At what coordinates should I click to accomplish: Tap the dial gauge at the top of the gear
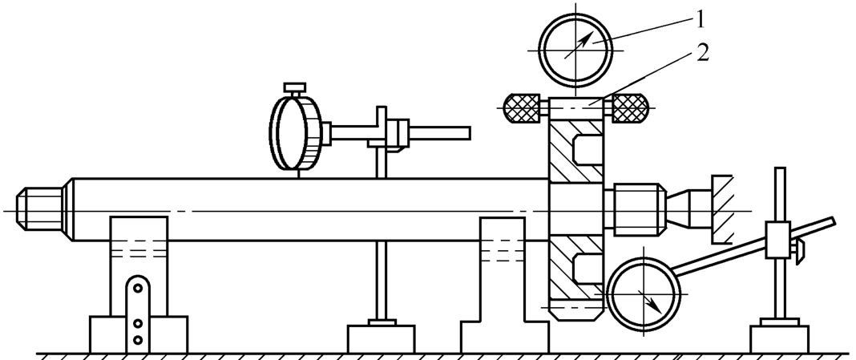575,50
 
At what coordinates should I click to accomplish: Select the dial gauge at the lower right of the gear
644,294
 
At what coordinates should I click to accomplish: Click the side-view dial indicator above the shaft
297,132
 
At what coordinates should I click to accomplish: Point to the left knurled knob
523,107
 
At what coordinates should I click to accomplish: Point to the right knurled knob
630,107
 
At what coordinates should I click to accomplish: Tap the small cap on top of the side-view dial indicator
295,87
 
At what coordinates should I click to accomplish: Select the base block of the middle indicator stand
381,338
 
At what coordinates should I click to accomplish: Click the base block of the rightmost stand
780,338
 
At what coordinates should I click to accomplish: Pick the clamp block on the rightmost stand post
778,240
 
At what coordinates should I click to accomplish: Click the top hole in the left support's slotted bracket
138,287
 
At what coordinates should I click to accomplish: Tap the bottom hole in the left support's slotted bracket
138,340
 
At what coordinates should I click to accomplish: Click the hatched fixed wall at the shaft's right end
721,210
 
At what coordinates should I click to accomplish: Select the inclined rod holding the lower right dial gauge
753,245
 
